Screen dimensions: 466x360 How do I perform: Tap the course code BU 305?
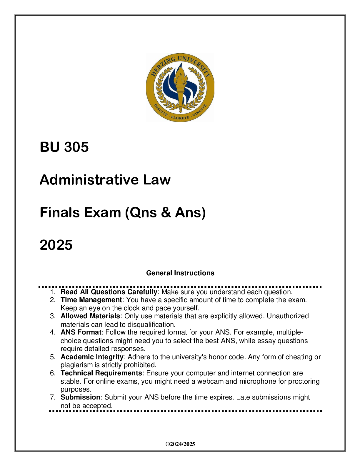64,147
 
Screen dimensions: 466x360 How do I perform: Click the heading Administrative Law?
105,179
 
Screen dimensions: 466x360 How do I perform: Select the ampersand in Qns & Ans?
166,212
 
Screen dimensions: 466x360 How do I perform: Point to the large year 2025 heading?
56,245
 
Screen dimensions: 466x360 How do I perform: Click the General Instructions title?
180,273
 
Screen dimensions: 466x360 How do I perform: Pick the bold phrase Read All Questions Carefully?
109,292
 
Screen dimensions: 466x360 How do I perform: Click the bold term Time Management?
91,300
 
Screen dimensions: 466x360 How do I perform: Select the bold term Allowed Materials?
90,316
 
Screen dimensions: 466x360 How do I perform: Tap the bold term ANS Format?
81,332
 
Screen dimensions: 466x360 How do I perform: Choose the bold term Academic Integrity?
92,357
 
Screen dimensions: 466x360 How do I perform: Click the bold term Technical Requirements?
101,373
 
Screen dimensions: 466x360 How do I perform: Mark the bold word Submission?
81,397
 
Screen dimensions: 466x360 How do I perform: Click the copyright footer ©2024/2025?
180,444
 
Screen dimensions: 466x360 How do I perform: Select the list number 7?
52,397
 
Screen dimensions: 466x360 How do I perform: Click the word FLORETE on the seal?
180,118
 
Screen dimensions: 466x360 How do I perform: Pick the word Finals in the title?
60,212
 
